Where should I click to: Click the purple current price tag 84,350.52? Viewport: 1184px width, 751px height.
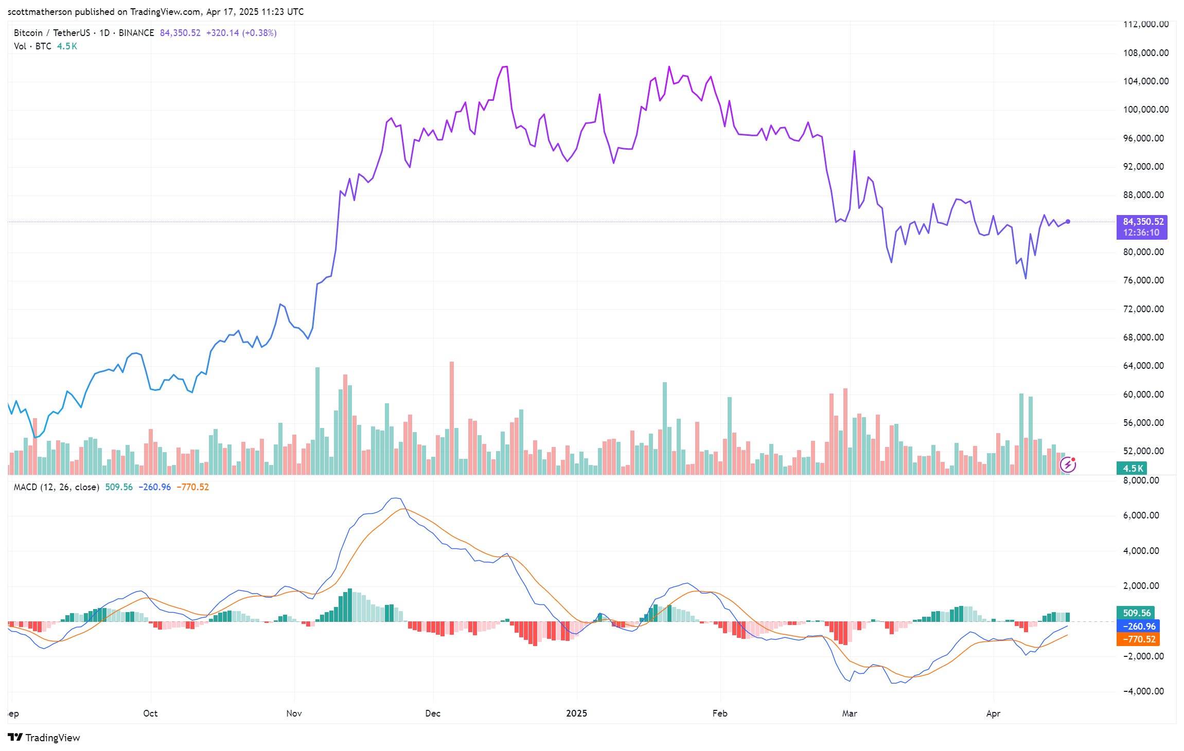click(x=1141, y=222)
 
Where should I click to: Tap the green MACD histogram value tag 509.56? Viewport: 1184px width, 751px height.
click(x=1136, y=613)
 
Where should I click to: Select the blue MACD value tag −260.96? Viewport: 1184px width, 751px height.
click(x=1138, y=626)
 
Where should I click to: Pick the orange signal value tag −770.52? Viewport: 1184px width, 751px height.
click(x=1138, y=639)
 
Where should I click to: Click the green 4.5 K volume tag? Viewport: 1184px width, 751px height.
click(x=1132, y=468)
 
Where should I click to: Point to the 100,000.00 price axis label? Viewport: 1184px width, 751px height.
click(x=1145, y=110)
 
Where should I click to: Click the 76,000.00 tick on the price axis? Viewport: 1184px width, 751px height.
click(x=1145, y=280)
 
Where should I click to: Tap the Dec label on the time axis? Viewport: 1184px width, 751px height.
click(x=433, y=713)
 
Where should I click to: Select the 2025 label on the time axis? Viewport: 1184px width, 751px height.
click(x=576, y=713)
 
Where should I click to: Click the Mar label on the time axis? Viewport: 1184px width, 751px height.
click(x=850, y=713)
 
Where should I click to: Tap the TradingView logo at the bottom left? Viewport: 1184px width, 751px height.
click(x=44, y=738)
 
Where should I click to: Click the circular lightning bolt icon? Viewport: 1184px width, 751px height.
click(x=1068, y=465)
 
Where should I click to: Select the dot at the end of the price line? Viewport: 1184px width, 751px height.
click(x=1068, y=222)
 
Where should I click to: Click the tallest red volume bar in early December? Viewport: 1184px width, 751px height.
click(x=452, y=417)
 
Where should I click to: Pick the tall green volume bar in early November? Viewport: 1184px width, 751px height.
click(x=317, y=420)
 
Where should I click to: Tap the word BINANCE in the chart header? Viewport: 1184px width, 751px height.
click(x=136, y=33)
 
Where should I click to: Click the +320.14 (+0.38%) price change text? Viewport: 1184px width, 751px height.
click(x=241, y=33)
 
